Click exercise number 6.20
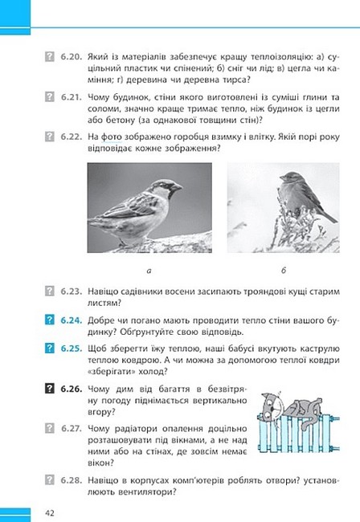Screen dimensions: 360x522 click(x=71, y=56)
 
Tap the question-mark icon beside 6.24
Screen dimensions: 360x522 click(x=49, y=320)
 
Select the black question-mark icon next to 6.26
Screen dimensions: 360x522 click(x=49, y=388)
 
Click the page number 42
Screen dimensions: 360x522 click(x=49, y=512)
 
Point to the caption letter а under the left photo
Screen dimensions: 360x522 click(x=149, y=271)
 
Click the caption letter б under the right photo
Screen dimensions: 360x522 click(x=284, y=270)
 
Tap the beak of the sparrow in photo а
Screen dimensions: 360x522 click(x=178, y=187)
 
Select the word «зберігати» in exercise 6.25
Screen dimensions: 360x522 click(x=112, y=372)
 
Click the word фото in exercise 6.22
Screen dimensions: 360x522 click(x=111, y=137)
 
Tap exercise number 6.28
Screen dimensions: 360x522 click(x=71, y=480)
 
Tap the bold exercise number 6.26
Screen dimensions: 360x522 click(x=71, y=389)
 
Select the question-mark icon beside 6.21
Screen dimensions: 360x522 click(x=49, y=96)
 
